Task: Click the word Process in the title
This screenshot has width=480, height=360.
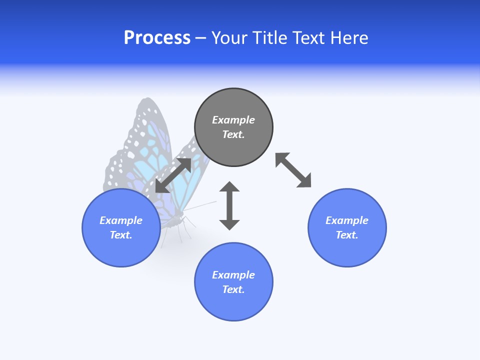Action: coord(157,38)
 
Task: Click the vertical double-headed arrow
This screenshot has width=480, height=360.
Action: coord(229,205)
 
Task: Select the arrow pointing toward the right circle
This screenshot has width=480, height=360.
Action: coord(293,170)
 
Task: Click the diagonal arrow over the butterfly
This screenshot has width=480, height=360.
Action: coord(173,175)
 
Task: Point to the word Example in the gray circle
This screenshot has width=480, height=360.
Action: coord(233,120)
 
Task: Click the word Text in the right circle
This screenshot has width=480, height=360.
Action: coord(347,235)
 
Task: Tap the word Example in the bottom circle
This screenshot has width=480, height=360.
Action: coord(233,275)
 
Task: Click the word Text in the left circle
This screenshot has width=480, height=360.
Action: coord(121,235)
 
